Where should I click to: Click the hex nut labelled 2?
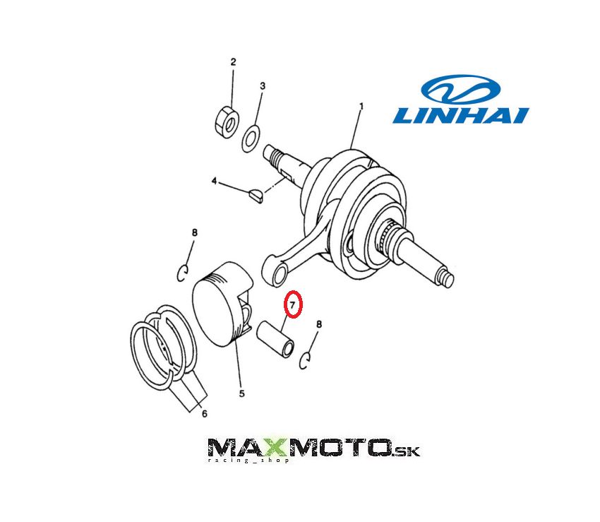(x=227, y=121)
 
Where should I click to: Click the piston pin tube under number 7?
(x=275, y=339)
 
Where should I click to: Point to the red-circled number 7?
(x=293, y=304)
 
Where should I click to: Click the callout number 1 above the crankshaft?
(x=361, y=106)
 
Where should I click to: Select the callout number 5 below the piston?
(x=241, y=393)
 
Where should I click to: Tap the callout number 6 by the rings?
(x=204, y=413)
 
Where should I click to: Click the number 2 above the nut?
(x=233, y=62)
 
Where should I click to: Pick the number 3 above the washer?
(x=263, y=85)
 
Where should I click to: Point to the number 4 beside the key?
(x=215, y=181)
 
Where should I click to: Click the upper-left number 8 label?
(x=195, y=232)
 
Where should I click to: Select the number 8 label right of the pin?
(x=319, y=324)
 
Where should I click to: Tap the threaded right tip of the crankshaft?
(x=447, y=278)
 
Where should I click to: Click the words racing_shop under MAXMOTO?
(x=248, y=460)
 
